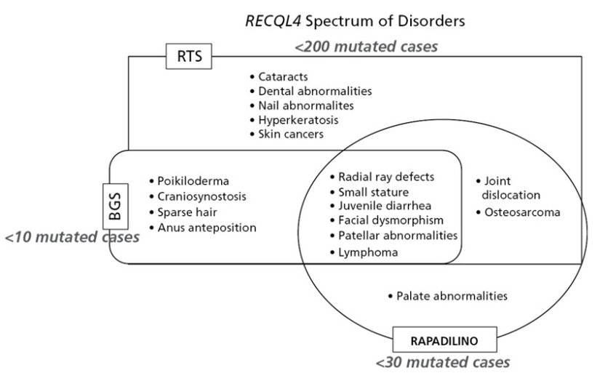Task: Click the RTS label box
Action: tap(188, 55)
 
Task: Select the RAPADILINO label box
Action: tap(435, 340)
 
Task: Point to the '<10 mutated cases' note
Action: tap(71, 238)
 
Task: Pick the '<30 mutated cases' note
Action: tap(443, 361)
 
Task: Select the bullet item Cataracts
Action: tap(282, 76)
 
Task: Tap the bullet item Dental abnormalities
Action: tap(314, 91)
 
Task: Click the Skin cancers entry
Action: tap(290, 135)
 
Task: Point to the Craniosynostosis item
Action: tap(201, 196)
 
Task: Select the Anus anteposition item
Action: tap(207, 228)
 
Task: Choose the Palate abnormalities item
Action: tap(451, 296)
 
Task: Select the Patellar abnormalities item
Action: tap(397, 236)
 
